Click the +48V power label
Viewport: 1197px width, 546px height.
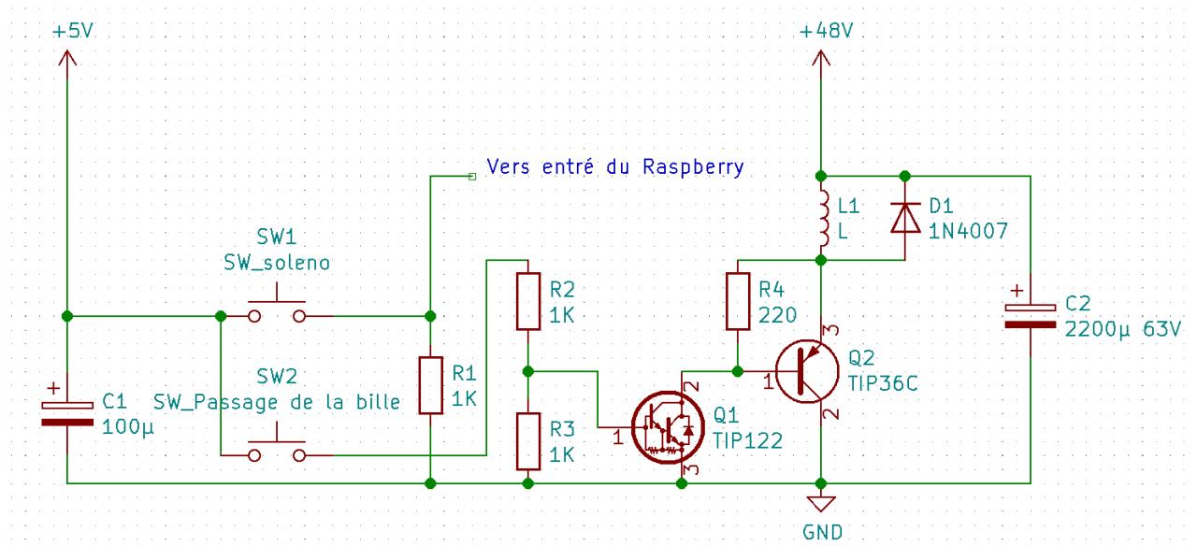coord(827,31)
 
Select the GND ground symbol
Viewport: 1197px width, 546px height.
coord(821,506)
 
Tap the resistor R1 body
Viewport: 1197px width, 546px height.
coord(429,384)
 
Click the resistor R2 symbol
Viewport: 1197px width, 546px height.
coord(528,301)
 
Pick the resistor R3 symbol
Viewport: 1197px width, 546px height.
coord(528,441)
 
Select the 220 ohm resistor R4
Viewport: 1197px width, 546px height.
coord(738,301)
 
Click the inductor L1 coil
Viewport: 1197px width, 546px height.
coord(823,217)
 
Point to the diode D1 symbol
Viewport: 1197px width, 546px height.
coord(904,217)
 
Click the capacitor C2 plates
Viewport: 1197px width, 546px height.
coord(1030,315)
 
